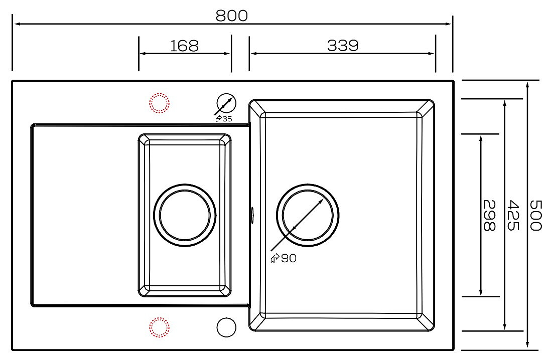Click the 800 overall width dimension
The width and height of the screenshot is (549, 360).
pyautogui.click(x=231, y=16)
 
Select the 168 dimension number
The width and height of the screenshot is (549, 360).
pyautogui.click(x=185, y=46)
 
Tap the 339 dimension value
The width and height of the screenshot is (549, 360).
pyautogui.click(x=343, y=46)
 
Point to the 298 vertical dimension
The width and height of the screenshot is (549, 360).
pyautogui.click(x=489, y=215)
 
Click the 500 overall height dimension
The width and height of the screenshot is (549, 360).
pyautogui.click(x=535, y=215)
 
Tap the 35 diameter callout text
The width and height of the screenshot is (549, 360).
pyautogui.click(x=227, y=119)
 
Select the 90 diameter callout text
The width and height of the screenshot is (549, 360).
pyautogui.click(x=289, y=258)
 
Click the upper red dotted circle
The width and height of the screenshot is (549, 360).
pyautogui.click(x=159, y=103)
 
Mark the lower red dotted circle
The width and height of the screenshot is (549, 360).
pyautogui.click(x=159, y=327)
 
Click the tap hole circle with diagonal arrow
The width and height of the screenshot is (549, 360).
pyautogui.click(x=226, y=103)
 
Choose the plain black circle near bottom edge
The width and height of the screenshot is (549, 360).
pyautogui.click(x=226, y=327)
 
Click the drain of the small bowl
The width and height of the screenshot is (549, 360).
pyautogui.click(x=185, y=215)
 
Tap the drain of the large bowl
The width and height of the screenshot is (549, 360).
pyautogui.click(x=308, y=215)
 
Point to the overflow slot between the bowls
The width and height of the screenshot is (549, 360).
pyautogui.click(x=252, y=213)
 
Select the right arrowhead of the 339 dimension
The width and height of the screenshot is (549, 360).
pyautogui.click(x=431, y=54)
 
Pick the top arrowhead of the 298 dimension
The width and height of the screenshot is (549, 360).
pyautogui.click(x=481, y=139)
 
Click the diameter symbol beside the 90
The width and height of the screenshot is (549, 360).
pyautogui.click(x=275, y=258)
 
